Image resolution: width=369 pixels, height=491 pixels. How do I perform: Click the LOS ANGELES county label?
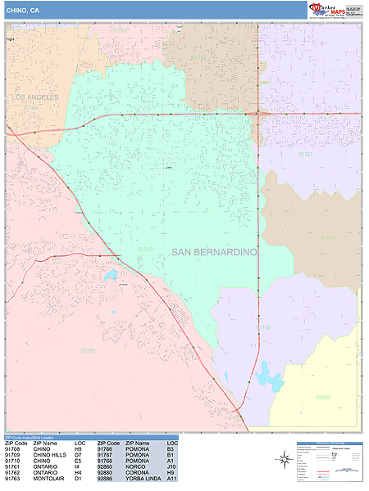coord(36,97)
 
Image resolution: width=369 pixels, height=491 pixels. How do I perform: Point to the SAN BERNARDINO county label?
coord(215,252)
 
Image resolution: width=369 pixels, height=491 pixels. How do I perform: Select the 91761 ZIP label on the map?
coord(306,153)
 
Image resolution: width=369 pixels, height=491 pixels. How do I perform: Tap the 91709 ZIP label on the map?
coord(88,350)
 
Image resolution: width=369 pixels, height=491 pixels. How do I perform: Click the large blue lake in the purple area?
coord(267,377)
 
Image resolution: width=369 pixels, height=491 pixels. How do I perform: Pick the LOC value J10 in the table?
coord(171,466)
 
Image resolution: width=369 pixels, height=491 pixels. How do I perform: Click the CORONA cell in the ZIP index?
coord(137,472)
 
